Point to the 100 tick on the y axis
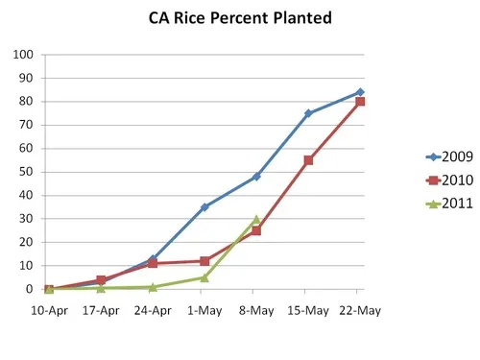(x=23, y=55)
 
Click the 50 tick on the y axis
(x=26, y=172)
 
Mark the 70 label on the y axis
(x=26, y=125)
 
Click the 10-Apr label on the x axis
(x=49, y=310)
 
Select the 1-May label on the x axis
(x=204, y=310)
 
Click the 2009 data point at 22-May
(x=360, y=92)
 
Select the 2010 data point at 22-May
(x=360, y=102)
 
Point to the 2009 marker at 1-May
(x=204, y=206)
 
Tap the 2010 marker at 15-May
(x=308, y=160)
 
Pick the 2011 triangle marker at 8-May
(x=256, y=220)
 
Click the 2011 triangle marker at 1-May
(x=204, y=277)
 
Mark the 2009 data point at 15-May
(x=308, y=113)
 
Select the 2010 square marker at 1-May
(x=204, y=261)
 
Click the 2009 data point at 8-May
(x=256, y=177)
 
